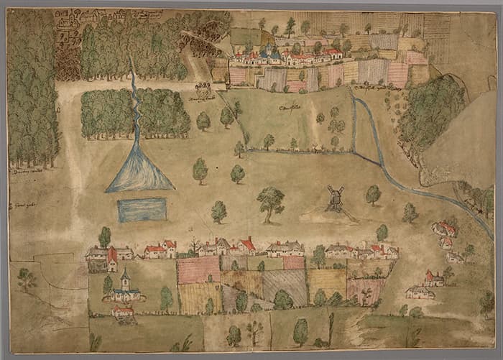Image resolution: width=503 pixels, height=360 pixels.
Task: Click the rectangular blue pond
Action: coord(142,210)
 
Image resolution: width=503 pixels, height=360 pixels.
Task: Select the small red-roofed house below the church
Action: coord(123,312)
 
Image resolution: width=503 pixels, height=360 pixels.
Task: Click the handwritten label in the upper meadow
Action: coord(290,108)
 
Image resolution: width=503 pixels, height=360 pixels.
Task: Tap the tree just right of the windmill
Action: coord(373,194)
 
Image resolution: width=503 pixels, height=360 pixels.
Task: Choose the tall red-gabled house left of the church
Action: coord(112,258)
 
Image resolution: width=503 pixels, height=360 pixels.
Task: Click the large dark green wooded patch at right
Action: coord(431,111)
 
